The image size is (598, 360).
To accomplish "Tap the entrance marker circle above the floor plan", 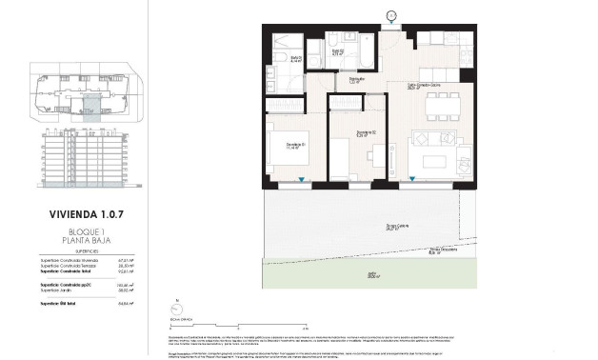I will pyautogui.click(x=391, y=13).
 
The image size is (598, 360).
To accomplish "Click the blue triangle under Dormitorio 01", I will pyautogui.click(x=301, y=181).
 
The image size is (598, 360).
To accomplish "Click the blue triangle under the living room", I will pyautogui.click(x=412, y=181).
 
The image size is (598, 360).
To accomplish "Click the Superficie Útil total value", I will pyautogui.click(x=123, y=305).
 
